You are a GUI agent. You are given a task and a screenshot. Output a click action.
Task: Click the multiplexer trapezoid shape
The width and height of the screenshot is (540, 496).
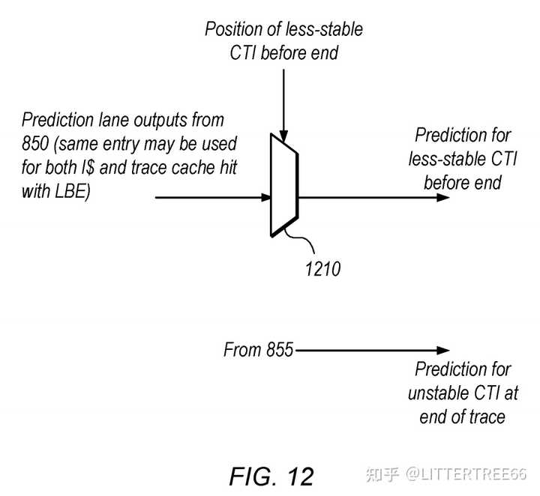click(x=284, y=185)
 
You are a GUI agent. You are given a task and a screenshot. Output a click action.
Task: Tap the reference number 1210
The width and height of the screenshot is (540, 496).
click(x=322, y=269)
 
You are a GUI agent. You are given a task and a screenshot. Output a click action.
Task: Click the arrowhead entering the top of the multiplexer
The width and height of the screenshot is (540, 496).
click(x=283, y=136)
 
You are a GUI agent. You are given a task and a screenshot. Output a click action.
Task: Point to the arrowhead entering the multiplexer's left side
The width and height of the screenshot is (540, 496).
click(x=266, y=198)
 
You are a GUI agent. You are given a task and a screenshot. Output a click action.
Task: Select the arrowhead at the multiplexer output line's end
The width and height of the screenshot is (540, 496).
click(x=443, y=198)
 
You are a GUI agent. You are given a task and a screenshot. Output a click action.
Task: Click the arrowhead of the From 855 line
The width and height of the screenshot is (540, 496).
click(x=443, y=351)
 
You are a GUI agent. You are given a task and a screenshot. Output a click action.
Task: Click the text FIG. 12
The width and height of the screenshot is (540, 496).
click(x=271, y=477)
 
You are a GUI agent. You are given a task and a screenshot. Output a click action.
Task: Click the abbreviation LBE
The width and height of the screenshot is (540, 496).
click(x=72, y=191)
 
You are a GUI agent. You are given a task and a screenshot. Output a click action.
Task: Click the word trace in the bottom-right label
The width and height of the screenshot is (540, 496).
click(x=487, y=417)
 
